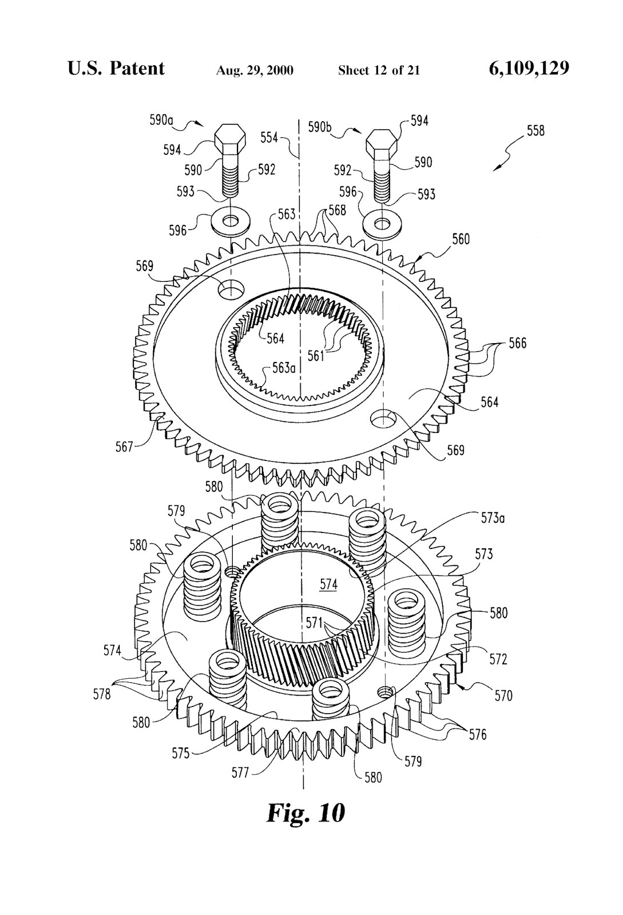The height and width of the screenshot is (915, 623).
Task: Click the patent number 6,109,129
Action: coord(529,69)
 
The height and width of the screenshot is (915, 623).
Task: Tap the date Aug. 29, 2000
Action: coord(255,70)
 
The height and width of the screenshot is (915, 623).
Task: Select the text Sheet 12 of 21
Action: coord(379,70)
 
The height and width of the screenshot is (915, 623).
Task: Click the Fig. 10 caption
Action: coord(305,813)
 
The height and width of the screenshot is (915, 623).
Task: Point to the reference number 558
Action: coord(535,131)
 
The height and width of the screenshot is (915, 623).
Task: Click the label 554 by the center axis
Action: coord(269,137)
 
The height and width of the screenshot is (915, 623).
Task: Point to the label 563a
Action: coord(283,368)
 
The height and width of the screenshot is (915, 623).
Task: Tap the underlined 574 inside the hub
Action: coord(328,584)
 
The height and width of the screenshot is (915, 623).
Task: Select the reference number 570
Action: coord(503,695)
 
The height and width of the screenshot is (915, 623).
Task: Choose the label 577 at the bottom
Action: coord(240,773)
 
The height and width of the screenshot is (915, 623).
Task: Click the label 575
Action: coord(180,753)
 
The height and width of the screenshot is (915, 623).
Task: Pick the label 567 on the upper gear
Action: coord(124,446)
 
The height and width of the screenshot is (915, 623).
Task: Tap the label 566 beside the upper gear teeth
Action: coord(517,344)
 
